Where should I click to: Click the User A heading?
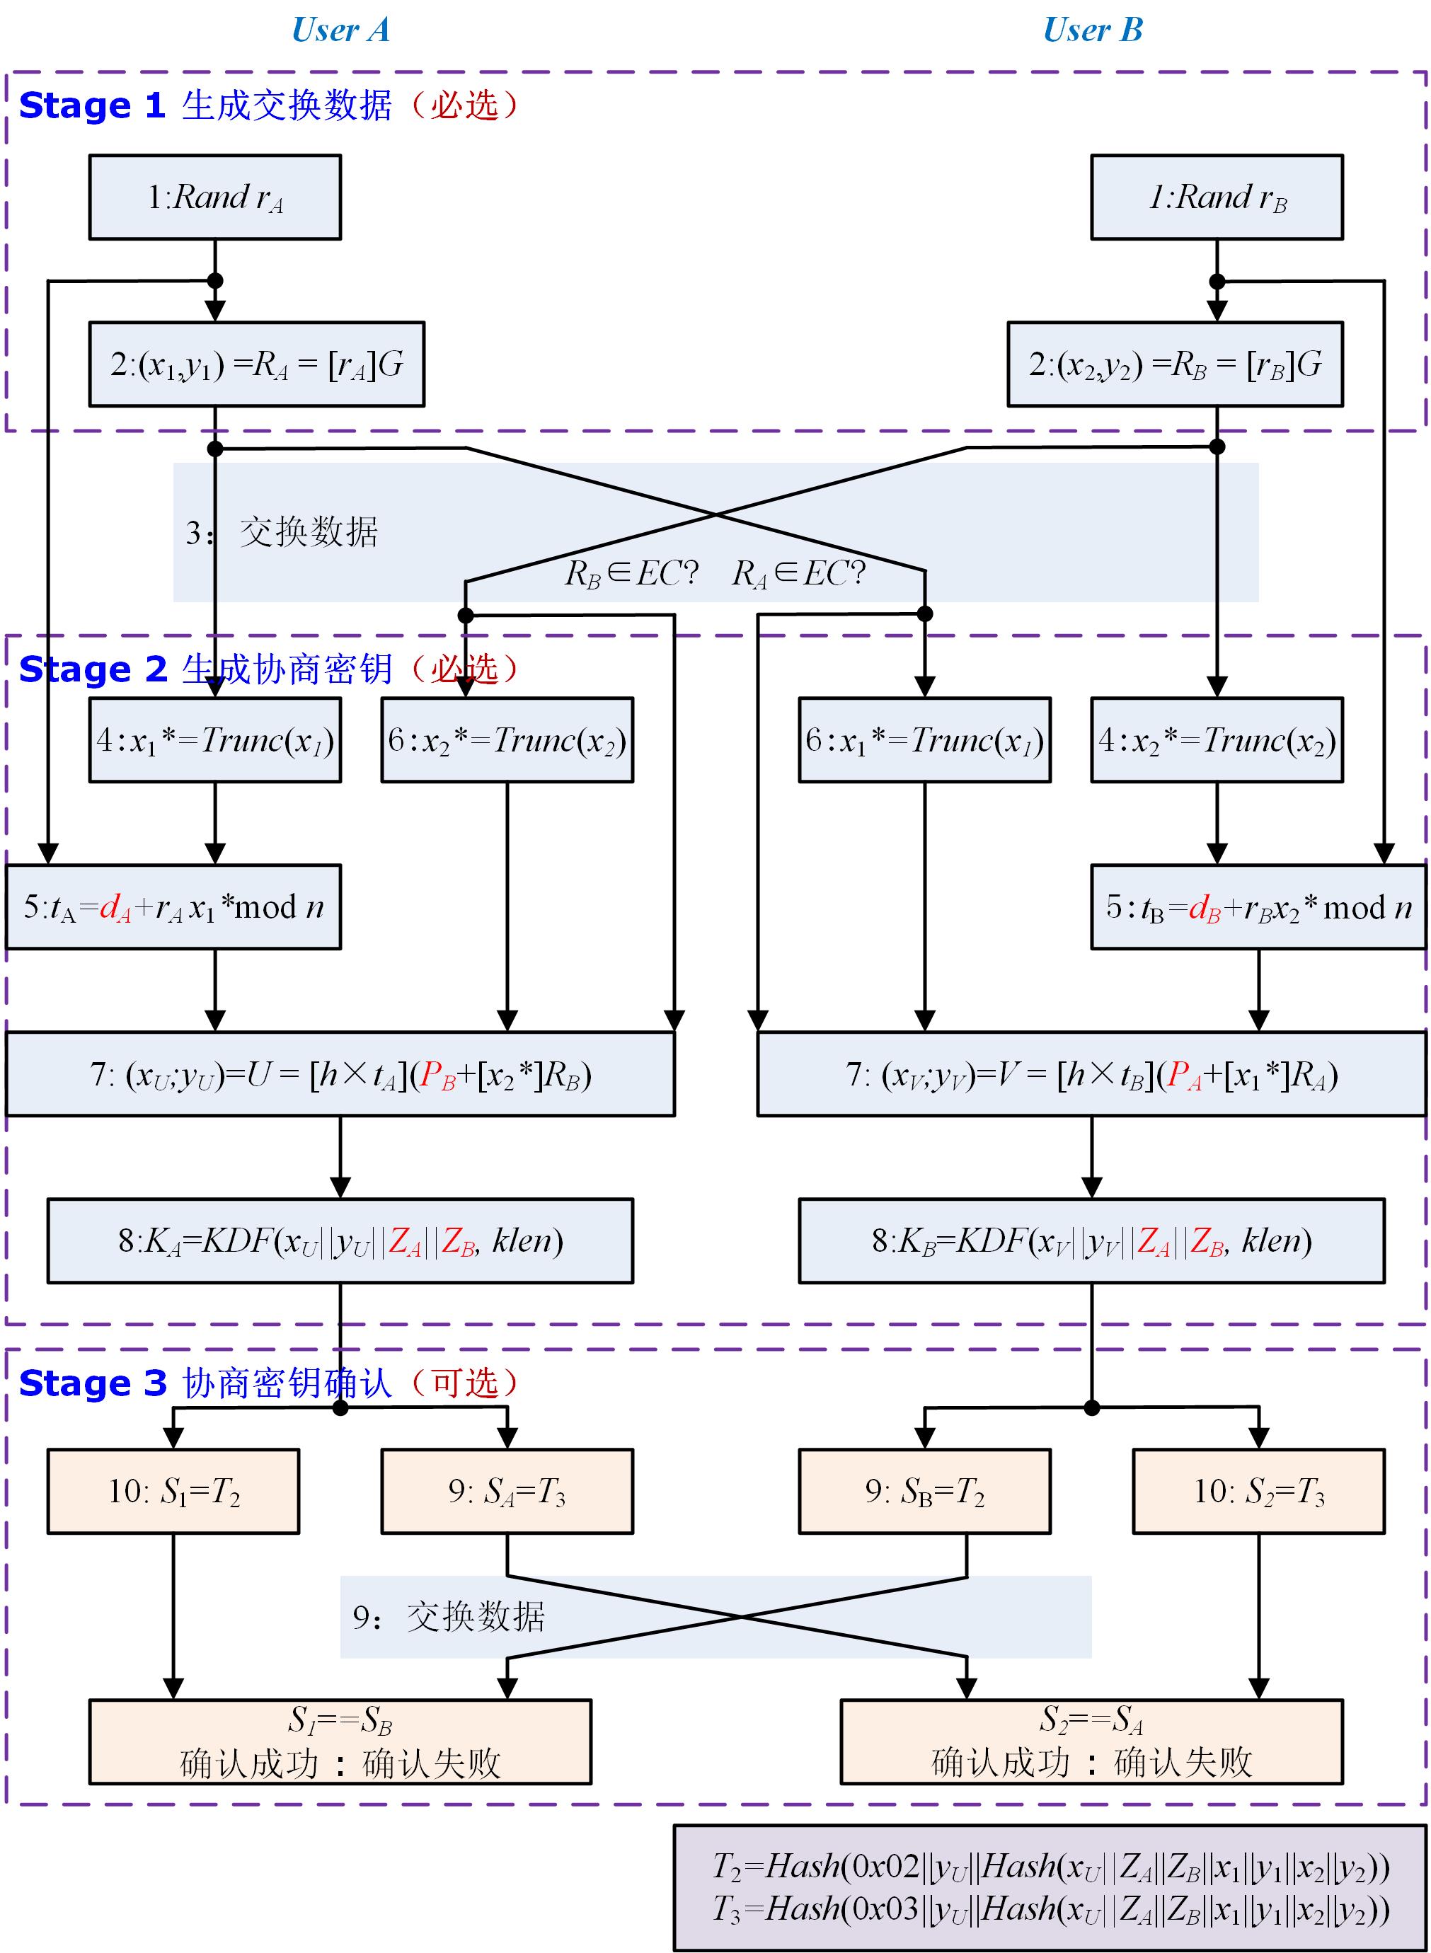pos(340,30)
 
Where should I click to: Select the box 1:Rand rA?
pos(215,197)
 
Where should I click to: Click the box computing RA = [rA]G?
pos(256,364)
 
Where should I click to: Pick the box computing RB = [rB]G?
pos(1175,364)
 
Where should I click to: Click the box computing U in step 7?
pos(340,1075)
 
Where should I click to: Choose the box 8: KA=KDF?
pos(340,1241)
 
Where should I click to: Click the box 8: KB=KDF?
pos(1091,1241)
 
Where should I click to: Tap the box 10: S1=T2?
pos(173,1492)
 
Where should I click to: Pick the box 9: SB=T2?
pos(924,1492)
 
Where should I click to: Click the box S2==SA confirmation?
pos(1091,1741)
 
